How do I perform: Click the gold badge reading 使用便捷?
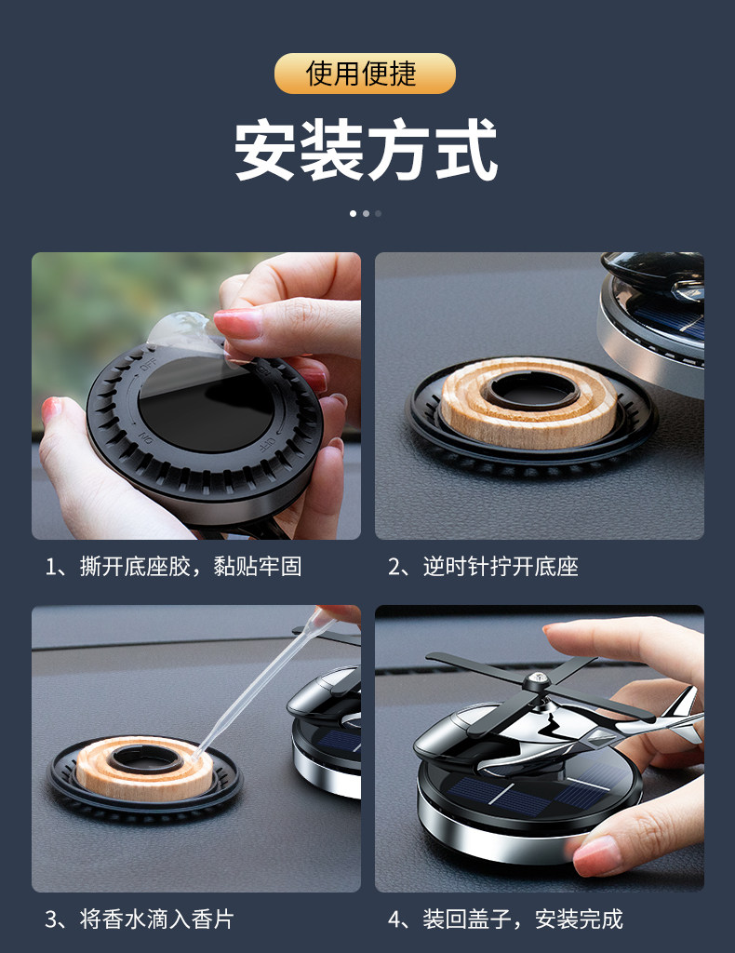click(x=365, y=74)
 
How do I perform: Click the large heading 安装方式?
click(x=366, y=150)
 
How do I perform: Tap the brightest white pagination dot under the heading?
click(x=353, y=213)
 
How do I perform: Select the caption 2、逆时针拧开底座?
click(x=483, y=567)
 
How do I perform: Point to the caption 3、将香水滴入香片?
click(x=140, y=919)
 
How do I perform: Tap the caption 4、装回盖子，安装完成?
click(x=505, y=919)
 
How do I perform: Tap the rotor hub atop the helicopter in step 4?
click(x=537, y=682)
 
